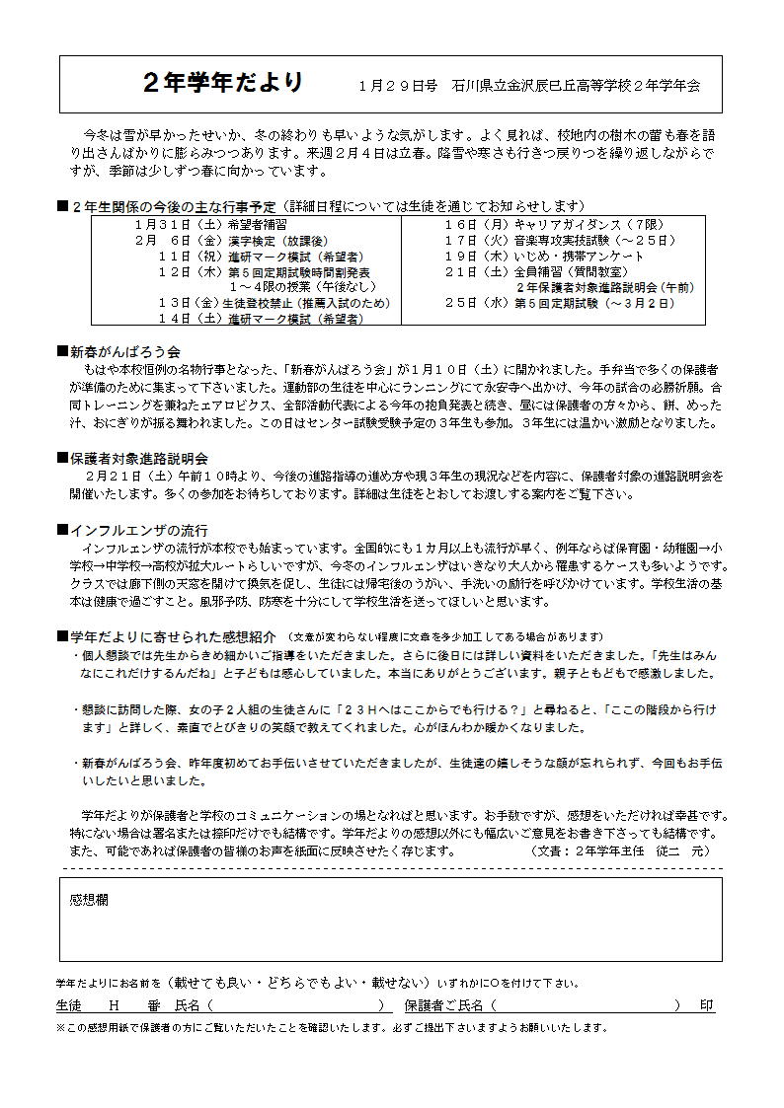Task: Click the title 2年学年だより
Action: point(223,83)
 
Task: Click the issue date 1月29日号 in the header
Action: point(399,87)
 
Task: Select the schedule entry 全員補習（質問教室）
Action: point(570,271)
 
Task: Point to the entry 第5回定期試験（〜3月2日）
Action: point(592,304)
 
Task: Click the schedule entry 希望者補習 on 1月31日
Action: point(228,225)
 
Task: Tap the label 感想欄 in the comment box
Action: point(89,902)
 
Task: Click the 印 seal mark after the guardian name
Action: point(707,1005)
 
